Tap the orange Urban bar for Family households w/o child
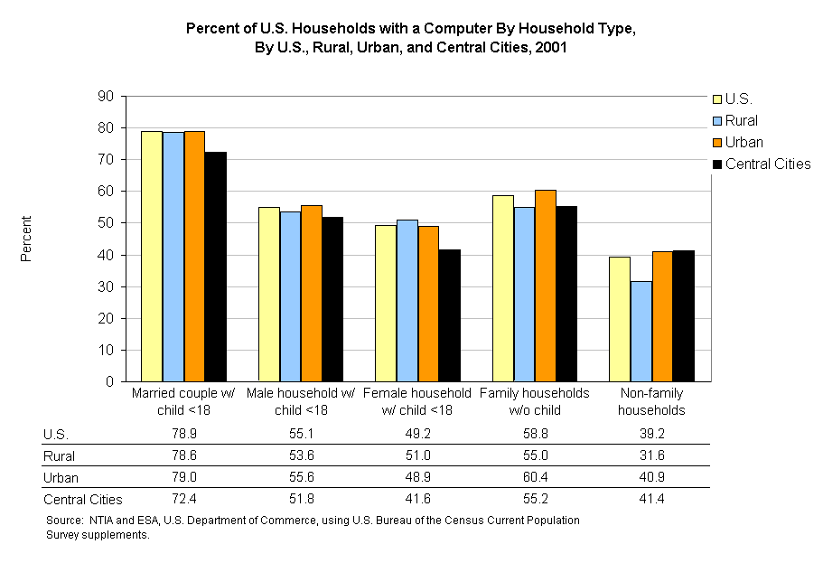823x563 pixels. tap(545, 286)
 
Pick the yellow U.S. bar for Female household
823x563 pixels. tap(386, 303)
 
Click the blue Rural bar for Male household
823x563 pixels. tap(290, 296)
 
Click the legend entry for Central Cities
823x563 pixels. tap(767, 164)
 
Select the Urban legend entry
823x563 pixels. tap(744, 142)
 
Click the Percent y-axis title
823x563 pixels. tap(27, 239)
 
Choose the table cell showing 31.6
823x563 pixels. tap(650, 455)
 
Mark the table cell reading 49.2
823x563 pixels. tap(416, 434)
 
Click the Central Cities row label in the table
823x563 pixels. tap(82, 499)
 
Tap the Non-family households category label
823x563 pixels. tap(650, 401)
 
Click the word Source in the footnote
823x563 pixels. tap(63, 521)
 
